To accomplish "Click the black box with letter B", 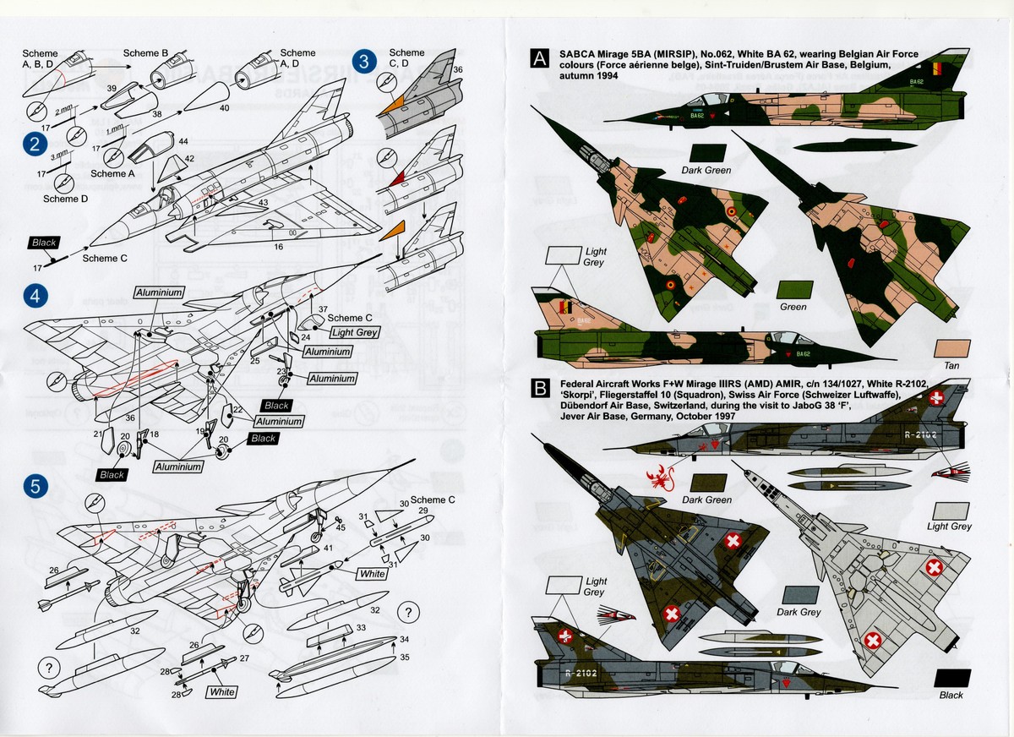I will click(x=538, y=390).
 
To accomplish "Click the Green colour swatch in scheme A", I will click(x=793, y=289).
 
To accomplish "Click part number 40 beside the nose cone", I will click(x=224, y=108).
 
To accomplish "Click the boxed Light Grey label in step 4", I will click(x=354, y=332).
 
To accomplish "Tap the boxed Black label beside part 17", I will click(x=44, y=243).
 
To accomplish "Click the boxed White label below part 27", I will click(x=222, y=692).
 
